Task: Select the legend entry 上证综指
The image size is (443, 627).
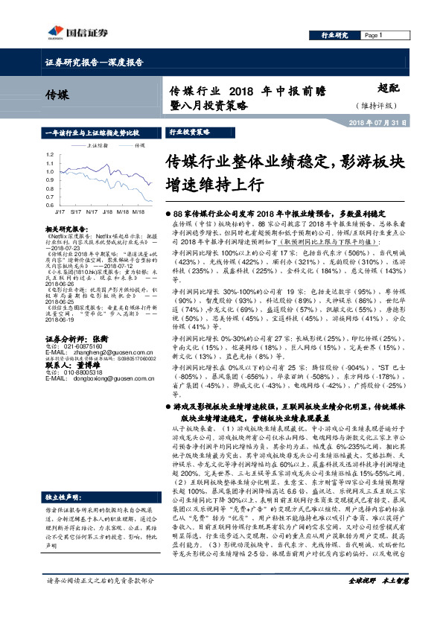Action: [x=97, y=146]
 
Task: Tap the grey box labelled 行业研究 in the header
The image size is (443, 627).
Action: [x=334, y=35]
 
